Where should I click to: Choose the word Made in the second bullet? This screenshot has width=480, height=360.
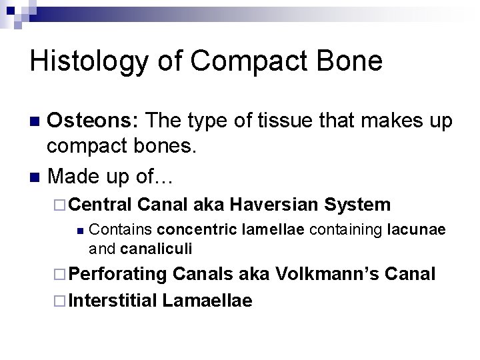point(74,177)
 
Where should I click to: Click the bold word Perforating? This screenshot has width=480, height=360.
point(117,273)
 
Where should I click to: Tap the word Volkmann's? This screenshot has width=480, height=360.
point(323,273)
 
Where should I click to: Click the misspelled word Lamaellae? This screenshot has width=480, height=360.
point(207,301)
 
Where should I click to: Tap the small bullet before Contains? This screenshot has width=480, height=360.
point(79,231)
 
